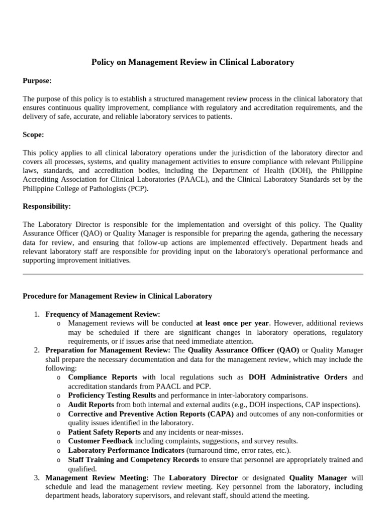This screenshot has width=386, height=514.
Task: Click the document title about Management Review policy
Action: pyautogui.click(x=192, y=62)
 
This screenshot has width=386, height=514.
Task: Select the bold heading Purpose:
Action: pyautogui.click(x=37, y=80)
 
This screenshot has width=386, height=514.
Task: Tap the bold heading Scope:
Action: pyautogui.click(x=33, y=135)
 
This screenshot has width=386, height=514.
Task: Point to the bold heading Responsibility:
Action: pyautogui.click(x=47, y=206)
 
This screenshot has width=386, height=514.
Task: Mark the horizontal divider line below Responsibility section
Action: pyautogui.click(x=192, y=274)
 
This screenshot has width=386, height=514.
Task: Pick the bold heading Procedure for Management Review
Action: pyautogui.click(x=117, y=296)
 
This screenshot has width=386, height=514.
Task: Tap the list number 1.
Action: pyautogui.click(x=36, y=314)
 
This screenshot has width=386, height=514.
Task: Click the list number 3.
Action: pyautogui.click(x=36, y=478)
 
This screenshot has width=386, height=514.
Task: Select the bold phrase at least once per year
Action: pyautogui.click(x=233, y=323)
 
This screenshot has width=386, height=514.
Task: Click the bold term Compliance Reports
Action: pyautogui.click(x=103, y=377)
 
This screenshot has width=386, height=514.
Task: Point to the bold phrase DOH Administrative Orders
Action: pyautogui.click(x=299, y=377)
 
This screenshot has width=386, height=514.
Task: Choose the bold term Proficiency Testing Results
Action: pyautogui.click(x=112, y=396)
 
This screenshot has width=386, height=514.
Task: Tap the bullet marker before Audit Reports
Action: pyautogui.click(x=59, y=405)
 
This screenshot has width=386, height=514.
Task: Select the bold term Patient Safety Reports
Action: pyautogui.click(x=105, y=432)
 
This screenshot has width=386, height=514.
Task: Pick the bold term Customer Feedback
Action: pyautogui.click(x=101, y=441)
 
